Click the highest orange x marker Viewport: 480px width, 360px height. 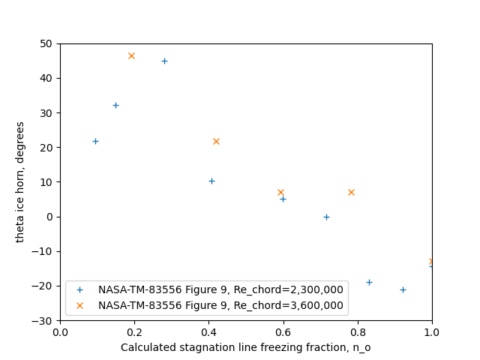131,55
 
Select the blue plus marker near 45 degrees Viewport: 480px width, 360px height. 164,61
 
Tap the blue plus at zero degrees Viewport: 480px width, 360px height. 326,217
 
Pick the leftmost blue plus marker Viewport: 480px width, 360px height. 95,141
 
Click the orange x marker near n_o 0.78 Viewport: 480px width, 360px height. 351,192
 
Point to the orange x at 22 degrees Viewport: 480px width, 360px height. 216,141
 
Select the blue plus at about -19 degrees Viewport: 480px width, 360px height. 369,282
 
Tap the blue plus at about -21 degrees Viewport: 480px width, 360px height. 403,289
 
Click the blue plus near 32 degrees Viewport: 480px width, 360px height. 115,105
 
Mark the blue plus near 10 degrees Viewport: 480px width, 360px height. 211,181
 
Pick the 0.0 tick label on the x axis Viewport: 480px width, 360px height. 60,331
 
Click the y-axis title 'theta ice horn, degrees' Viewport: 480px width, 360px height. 20,181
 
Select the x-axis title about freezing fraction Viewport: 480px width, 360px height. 246,347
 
